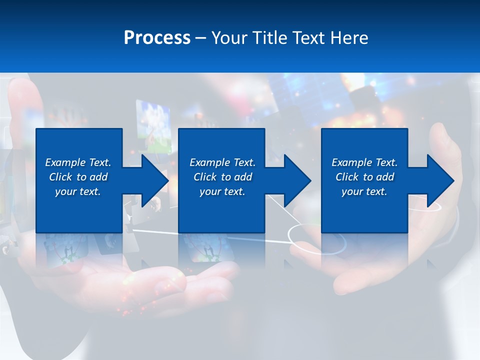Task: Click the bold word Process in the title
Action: pos(157,38)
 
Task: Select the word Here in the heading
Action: pos(348,38)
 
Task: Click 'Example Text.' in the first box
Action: pos(78,162)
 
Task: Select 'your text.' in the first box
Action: pos(78,191)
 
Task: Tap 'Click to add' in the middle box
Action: pos(222,177)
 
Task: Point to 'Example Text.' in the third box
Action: pos(364,162)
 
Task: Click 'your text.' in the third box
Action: pos(364,191)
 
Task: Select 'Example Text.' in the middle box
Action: pos(222,162)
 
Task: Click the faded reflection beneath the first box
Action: pos(79,247)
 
